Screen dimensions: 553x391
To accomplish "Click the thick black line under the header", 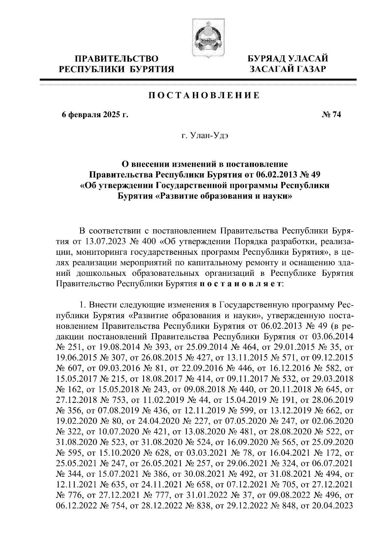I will [198, 79].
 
